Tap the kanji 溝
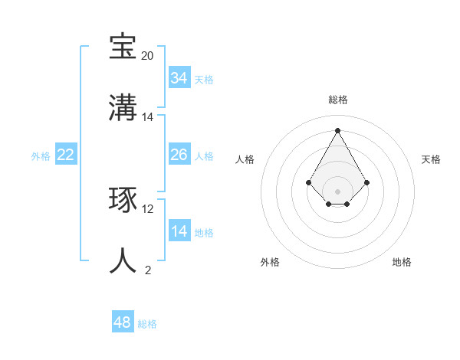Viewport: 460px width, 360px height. coord(123,107)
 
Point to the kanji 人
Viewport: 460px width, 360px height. coord(123,260)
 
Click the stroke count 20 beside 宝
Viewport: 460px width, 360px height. coord(148,56)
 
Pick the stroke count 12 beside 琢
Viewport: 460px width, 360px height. coord(148,208)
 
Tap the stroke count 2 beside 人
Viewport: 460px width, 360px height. coord(148,270)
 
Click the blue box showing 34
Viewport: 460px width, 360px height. coord(179,78)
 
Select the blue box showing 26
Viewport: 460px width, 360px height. coord(179,155)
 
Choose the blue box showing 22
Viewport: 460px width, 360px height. coord(66,155)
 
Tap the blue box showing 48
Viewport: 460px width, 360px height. coord(123,322)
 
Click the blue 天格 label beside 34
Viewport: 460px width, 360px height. coord(204,80)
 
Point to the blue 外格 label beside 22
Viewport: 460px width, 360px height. coord(41,156)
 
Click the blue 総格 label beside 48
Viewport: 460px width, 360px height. coord(147,324)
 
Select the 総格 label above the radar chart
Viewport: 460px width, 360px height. coord(338,100)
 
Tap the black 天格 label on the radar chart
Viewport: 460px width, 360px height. coord(431,159)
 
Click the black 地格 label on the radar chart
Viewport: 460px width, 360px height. coord(402,262)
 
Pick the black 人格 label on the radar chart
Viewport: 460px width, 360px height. coord(245,159)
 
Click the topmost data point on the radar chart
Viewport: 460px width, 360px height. coord(337,129)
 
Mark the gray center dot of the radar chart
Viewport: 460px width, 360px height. coord(337,191)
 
